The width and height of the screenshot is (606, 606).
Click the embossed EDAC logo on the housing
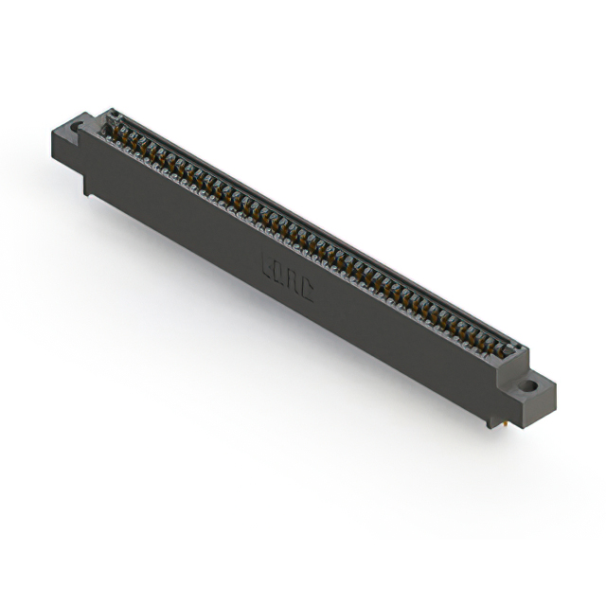click(288, 278)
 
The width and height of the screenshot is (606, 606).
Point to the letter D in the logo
click(281, 275)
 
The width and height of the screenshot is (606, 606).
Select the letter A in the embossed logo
click(294, 282)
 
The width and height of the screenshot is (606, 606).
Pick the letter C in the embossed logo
click(306, 290)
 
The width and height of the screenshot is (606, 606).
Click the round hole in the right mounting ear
click(528, 385)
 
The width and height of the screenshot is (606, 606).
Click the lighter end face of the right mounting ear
click(544, 405)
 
